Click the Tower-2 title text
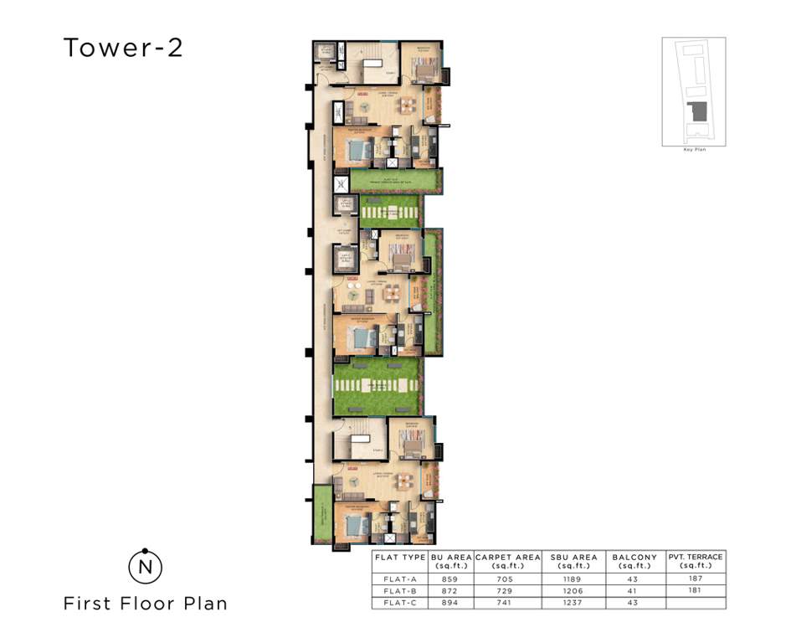tap(123, 48)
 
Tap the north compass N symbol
tap(145, 568)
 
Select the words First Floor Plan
tap(145, 603)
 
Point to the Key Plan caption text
tap(694, 149)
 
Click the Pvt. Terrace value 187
tap(696, 579)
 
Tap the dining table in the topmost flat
tap(406, 105)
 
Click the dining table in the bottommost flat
tap(406, 481)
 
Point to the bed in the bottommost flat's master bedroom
tap(356, 527)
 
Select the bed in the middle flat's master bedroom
tap(360, 338)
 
